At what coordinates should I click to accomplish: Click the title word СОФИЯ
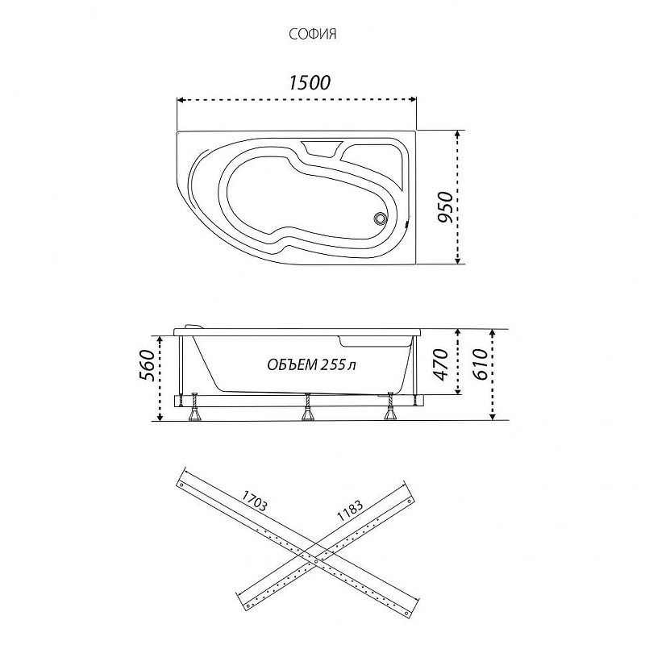point(313,34)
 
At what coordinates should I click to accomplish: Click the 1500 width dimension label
point(310,83)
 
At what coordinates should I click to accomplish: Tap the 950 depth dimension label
point(445,207)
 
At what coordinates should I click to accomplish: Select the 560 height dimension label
point(148,365)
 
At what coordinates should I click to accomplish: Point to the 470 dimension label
point(441,364)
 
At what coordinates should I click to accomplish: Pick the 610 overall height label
point(480,364)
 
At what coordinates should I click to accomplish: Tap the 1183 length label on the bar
point(350,510)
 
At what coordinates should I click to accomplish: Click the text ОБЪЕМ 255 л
point(311,364)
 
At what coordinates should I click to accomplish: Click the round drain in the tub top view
point(379,218)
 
